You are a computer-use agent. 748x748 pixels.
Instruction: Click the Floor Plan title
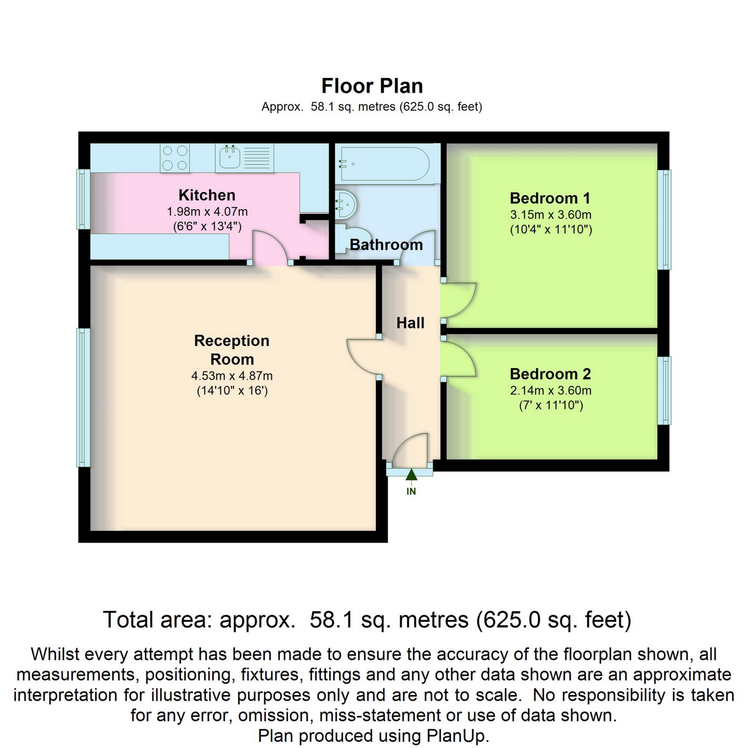[372, 86]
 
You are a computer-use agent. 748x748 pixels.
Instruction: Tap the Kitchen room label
[207, 195]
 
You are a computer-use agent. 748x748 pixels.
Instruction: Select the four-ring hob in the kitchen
[175, 158]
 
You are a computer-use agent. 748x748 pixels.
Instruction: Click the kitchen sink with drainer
[245, 158]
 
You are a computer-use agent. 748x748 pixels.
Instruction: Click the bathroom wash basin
[346, 203]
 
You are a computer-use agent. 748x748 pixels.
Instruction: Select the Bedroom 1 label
[550, 198]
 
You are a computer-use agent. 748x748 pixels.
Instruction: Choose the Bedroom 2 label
[550, 374]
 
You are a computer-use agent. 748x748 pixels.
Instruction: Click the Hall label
[410, 323]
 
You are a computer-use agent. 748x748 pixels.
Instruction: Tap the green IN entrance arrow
[411, 475]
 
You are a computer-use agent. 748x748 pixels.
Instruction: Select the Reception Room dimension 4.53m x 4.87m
[232, 376]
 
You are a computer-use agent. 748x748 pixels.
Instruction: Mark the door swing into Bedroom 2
[459, 358]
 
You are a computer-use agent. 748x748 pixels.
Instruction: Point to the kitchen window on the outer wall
[82, 199]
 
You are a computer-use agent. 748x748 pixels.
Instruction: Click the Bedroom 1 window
[664, 220]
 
